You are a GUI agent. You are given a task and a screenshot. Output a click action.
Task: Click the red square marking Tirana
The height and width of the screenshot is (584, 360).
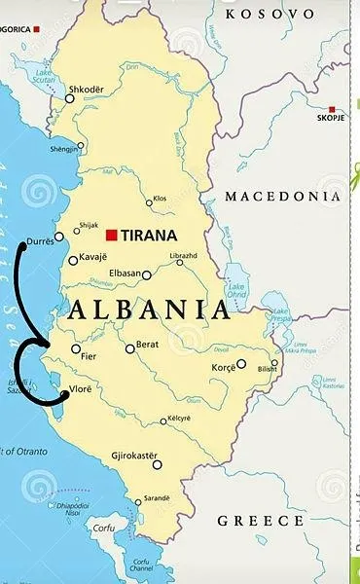[x=112, y=235]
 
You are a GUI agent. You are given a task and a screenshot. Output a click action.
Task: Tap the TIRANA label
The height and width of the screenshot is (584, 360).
[x=149, y=235]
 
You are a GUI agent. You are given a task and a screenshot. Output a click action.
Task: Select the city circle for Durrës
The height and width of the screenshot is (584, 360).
[x=59, y=237]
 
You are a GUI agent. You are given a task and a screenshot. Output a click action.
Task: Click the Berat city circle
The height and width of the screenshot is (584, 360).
[x=129, y=348]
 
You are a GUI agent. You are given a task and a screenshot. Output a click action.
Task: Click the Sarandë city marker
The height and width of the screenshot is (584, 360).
[x=137, y=497]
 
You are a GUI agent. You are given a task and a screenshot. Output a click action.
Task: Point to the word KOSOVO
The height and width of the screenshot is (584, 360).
[x=270, y=14]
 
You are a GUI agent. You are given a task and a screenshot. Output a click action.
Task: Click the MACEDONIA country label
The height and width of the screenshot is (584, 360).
[x=284, y=197]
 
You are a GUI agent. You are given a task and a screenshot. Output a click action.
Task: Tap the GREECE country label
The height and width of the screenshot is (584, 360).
[x=261, y=521]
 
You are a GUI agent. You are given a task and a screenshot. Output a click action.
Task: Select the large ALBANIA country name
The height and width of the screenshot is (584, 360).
[x=150, y=310]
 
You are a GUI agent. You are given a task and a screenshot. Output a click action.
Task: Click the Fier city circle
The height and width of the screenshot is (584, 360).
[x=76, y=348]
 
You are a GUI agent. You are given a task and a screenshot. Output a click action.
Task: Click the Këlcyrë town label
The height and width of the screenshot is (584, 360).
[x=178, y=418]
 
